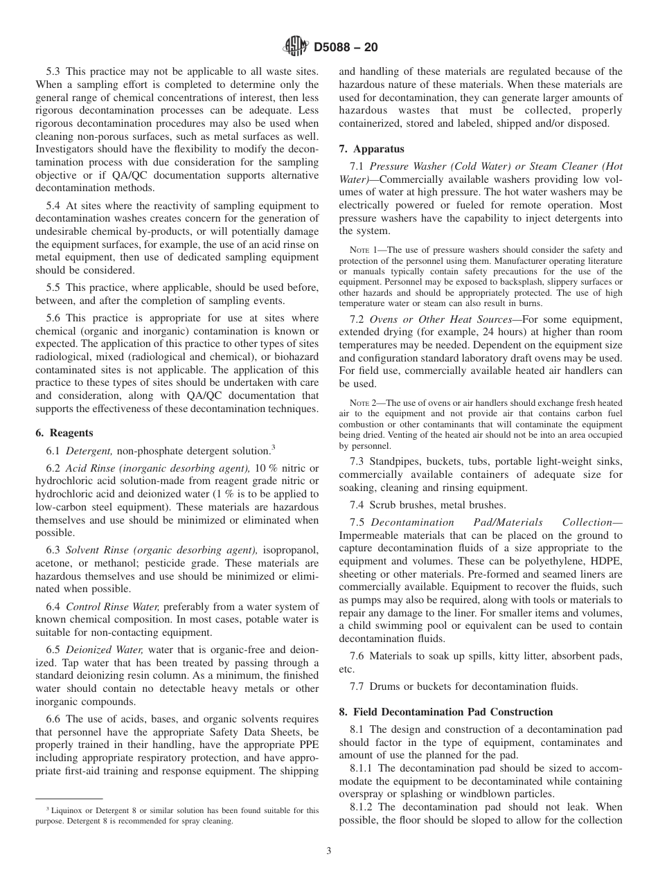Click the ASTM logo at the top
click(296, 48)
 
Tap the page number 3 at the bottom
click(329, 851)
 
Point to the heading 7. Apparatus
click(371, 149)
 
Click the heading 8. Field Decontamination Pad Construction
click(446, 712)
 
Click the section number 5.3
click(53, 71)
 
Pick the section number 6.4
click(53, 607)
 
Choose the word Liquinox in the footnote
click(68, 810)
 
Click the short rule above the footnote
click(69, 798)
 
